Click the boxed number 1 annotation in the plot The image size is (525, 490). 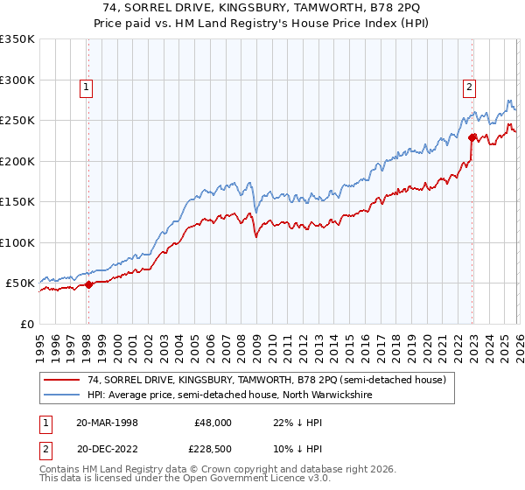[87, 87]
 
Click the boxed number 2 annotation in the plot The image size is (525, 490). [470, 87]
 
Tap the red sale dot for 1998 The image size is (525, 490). [88, 284]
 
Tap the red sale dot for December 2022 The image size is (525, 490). [472, 136]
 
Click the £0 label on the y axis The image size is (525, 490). [26, 324]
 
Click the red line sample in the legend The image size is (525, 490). [61, 380]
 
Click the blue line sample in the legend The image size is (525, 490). [61, 395]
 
